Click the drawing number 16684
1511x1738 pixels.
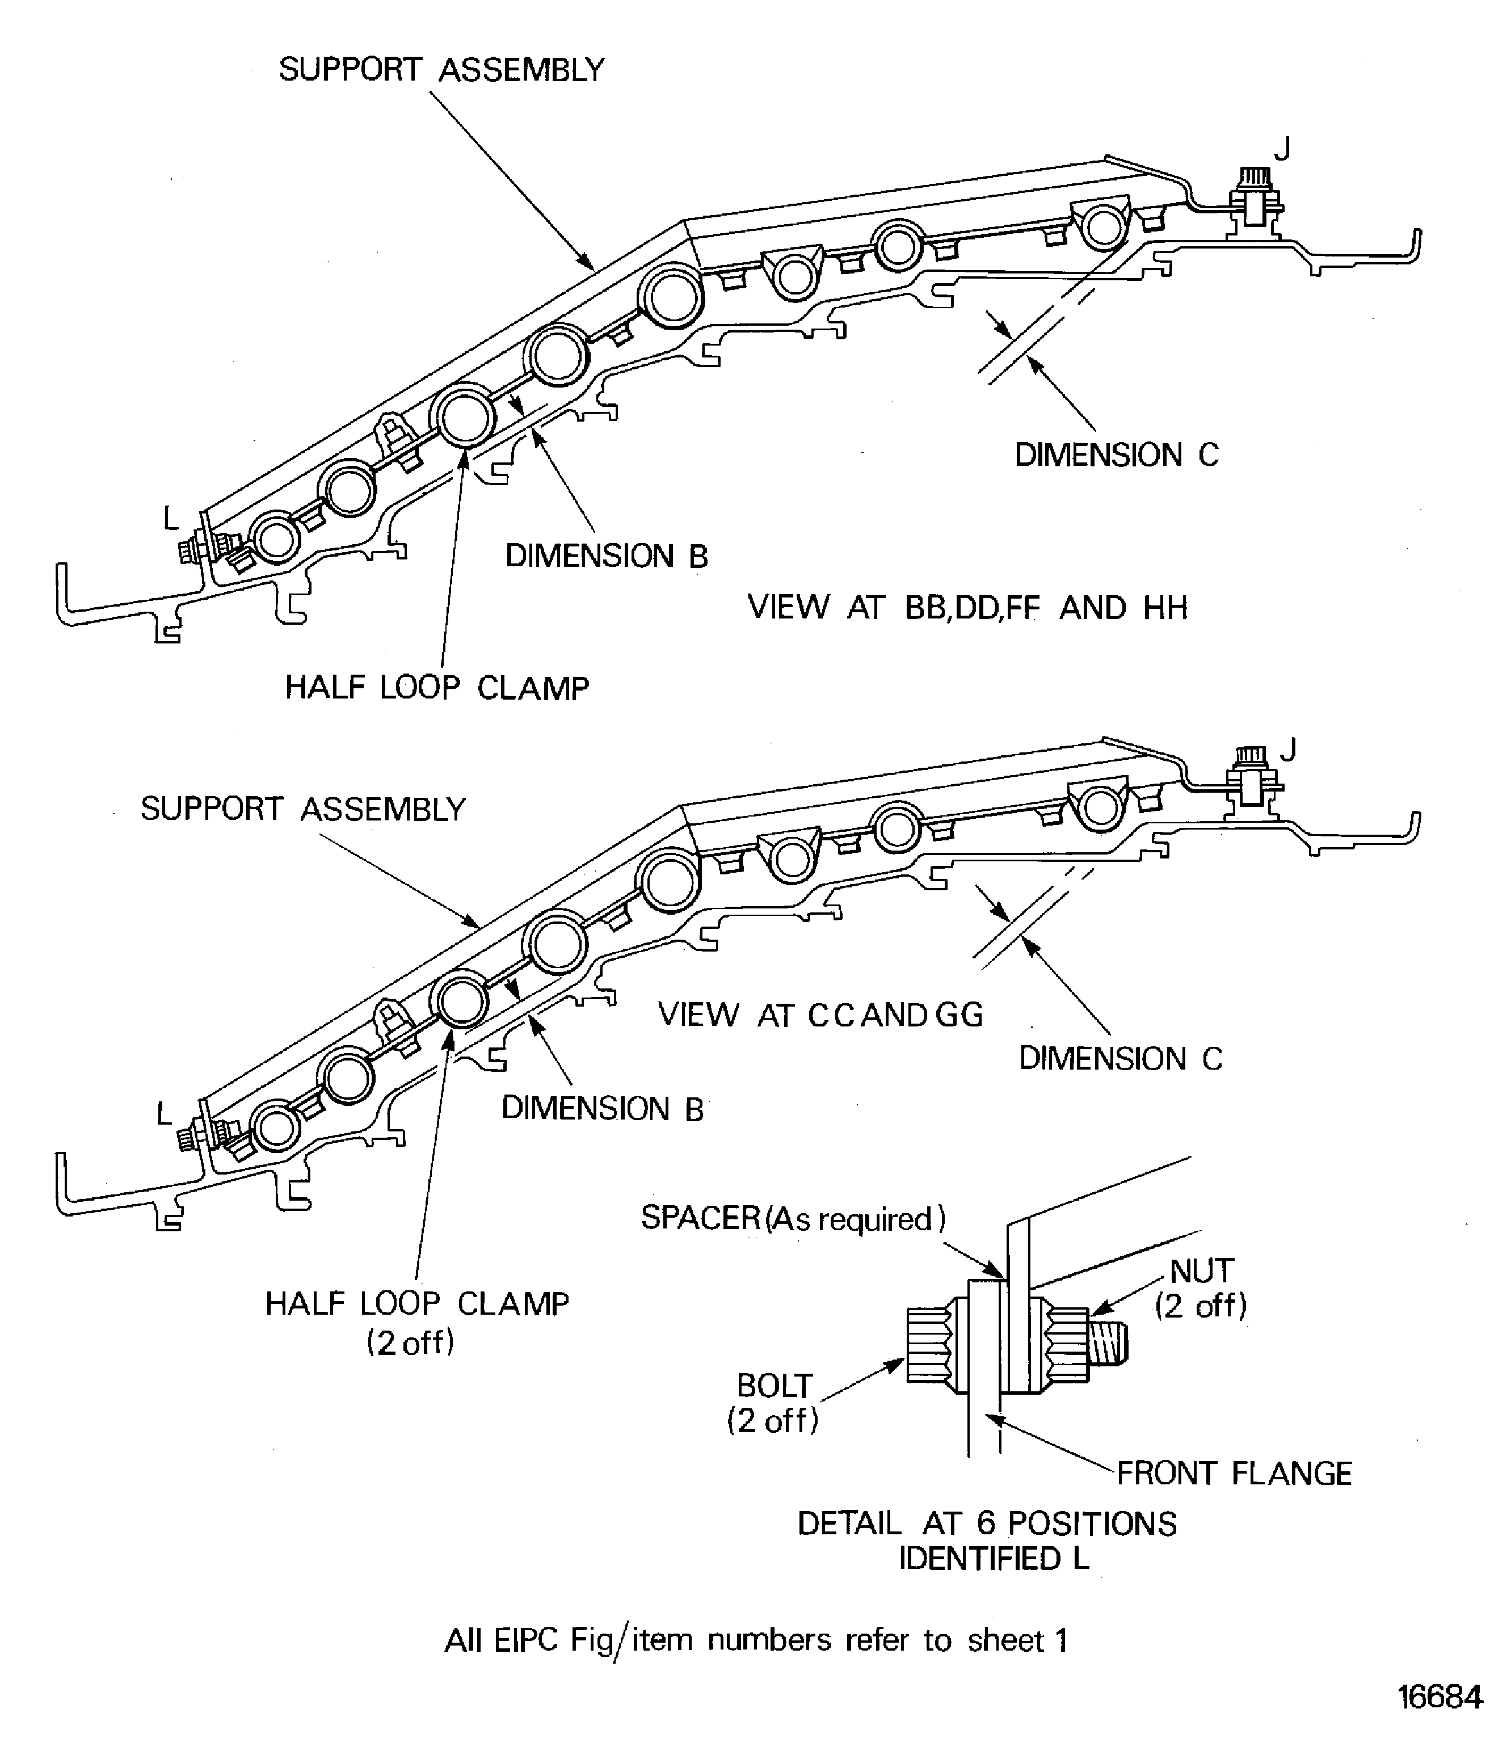coord(1440,1697)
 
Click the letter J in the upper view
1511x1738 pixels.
coord(1282,149)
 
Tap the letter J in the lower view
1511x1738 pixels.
coord(1287,749)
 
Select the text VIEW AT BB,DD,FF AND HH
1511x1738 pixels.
coord(967,607)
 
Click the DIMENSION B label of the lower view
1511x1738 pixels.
coord(602,1109)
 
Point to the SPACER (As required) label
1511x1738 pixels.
coord(793,1218)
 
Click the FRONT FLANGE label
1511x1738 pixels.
coord(1234,1473)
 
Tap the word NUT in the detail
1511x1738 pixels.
coord(1202,1271)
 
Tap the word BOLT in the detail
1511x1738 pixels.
coord(773,1386)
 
